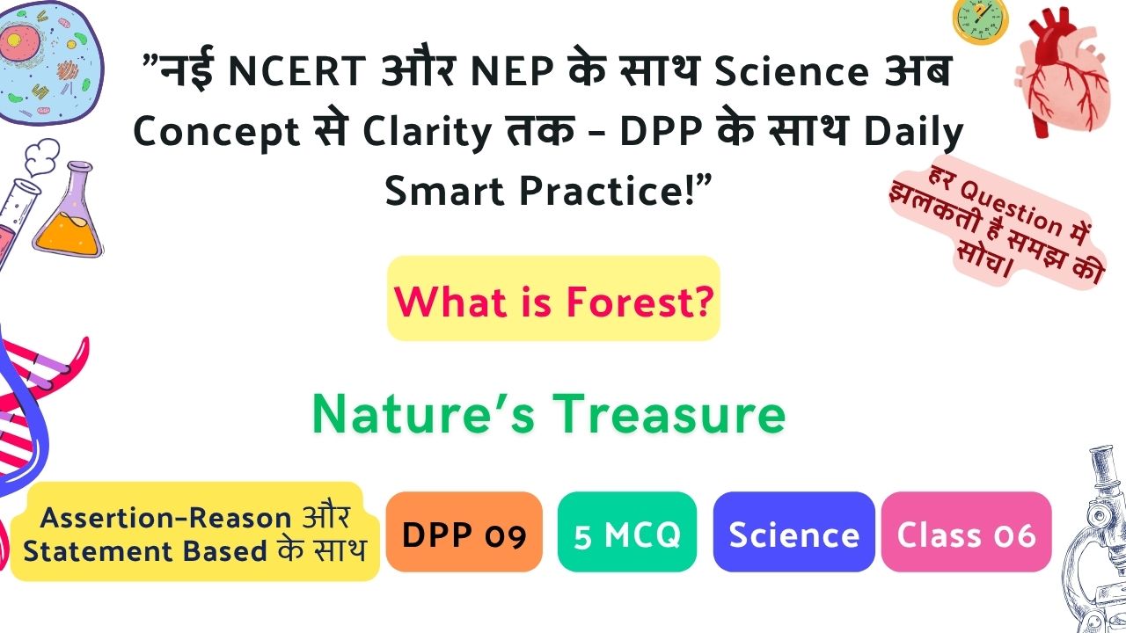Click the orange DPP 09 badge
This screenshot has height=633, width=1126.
click(464, 532)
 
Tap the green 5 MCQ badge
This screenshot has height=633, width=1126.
click(627, 532)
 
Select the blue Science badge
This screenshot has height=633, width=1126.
click(793, 532)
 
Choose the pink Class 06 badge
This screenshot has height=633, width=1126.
click(966, 532)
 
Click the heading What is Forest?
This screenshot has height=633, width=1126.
click(553, 301)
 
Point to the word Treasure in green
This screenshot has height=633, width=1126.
click(669, 414)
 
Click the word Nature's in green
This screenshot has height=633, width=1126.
click(423, 414)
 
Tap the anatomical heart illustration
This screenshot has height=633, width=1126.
click(1062, 73)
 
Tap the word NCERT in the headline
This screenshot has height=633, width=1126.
click(297, 71)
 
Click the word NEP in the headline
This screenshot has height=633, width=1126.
click(512, 71)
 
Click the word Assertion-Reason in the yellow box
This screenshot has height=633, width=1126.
click(165, 518)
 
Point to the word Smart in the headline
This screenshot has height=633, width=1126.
click(444, 191)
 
